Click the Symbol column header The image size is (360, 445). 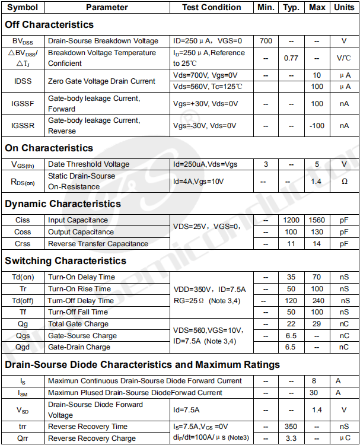(23, 7)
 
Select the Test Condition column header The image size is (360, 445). (212, 7)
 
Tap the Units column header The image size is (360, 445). (345, 7)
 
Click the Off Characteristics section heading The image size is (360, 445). (49, 24)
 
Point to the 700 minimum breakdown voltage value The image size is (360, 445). (266, 41)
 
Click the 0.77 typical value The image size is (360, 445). (291, 58)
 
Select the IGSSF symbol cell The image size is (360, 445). (23, 103)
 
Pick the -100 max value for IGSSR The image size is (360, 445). (317, 125)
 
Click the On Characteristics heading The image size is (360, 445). (49, 148)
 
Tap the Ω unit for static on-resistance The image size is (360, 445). (345, 181)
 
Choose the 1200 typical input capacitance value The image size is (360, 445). (291, 220)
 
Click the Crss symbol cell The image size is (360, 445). (23, 243)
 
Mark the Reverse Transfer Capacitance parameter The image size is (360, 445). (98, 243)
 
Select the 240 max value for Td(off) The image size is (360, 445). (317, 300)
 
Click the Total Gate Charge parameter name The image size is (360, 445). (78, 324)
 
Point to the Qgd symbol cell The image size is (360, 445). (23, 347)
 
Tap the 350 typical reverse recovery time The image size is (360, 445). (291, 427)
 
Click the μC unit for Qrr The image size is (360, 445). (345, 438)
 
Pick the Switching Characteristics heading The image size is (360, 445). (65, 260)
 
